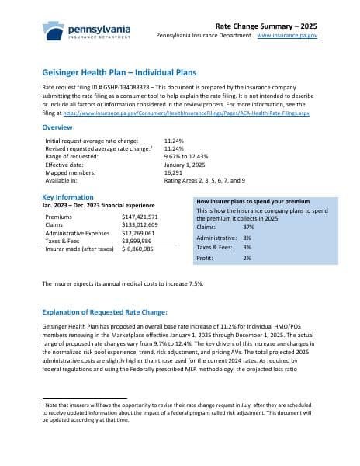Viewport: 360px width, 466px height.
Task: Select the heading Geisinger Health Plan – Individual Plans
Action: pos(119,72)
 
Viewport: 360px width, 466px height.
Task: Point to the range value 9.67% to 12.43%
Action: pos(165,157)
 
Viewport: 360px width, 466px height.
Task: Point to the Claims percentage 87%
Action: pos(248,226)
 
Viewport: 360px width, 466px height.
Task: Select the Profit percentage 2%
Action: pos(247,257)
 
